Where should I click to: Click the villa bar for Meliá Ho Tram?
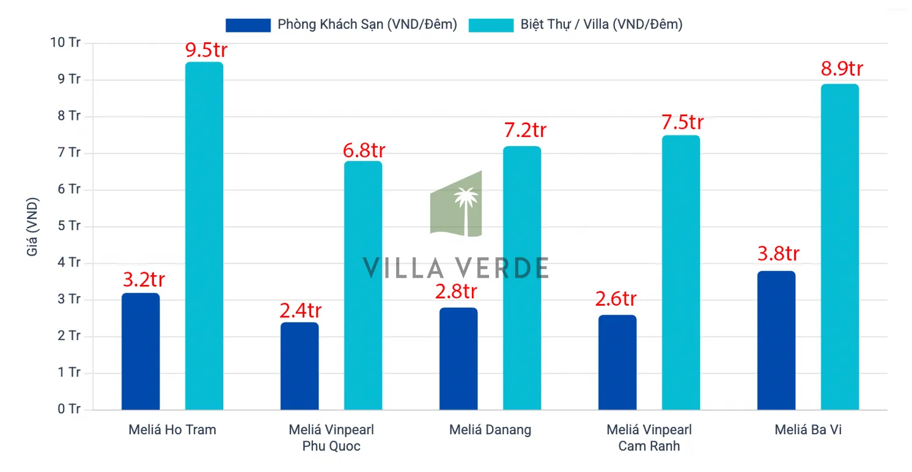tap(204, 236)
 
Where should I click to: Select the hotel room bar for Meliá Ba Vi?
tap(776, 341)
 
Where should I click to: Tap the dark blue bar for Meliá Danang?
tap(458, 359)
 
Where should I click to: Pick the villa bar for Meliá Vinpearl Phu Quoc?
tap(363, 286)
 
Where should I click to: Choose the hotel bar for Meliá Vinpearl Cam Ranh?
tap(617, 363)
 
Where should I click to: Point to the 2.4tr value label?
tap(300, 311)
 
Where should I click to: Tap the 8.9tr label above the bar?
tap(842, 69)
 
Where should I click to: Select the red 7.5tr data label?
tap(682, 122)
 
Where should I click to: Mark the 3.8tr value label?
tap(778, 254)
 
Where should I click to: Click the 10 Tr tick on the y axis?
tap(65, 43)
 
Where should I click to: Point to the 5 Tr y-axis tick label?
tap(68, 226)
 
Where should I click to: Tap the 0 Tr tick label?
tap(68, 409)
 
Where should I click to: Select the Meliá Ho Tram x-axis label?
tap(172, 430)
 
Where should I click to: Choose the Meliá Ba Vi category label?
tap(808, 430)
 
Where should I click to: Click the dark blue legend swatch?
tap(248, 25)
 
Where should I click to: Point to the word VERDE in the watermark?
tap(500, 268)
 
